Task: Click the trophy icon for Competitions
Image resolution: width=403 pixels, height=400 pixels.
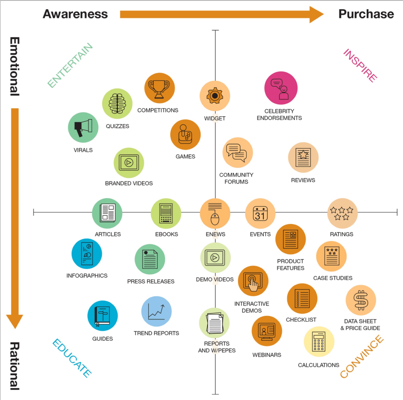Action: (x=159, y=88)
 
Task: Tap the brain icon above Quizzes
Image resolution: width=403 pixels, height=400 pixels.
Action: (x=117, y=104)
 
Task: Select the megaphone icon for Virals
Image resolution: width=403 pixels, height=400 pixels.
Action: (x=83, y=128)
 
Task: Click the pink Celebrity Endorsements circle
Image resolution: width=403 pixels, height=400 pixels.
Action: (x=281, y=88)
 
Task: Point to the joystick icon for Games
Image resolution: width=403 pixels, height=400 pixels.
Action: (x=185, y=135)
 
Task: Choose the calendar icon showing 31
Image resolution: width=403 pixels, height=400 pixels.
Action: (x=260, y=214)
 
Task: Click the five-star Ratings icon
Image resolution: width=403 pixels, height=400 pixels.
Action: (x=342, y=214)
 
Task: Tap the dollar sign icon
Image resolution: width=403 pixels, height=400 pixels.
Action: (x=361, y=300)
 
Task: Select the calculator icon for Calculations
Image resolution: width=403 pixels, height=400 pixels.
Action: (x=319, y=341)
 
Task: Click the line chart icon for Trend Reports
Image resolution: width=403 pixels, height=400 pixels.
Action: (x=156, y=311)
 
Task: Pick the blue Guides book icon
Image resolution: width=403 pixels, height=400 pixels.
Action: (x=103, y=316)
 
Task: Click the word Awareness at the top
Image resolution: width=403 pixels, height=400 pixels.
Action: (x=75, y=14)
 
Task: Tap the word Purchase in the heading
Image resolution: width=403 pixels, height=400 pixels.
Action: (x=366, y=14)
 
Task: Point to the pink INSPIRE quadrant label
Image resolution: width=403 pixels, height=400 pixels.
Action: (x=360, y=66)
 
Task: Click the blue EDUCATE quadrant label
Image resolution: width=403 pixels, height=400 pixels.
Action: (x=72, y=358)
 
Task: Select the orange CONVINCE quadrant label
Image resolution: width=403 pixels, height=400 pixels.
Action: (x=362, y=357)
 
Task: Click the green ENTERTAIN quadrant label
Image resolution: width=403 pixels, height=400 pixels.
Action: (x=70, y=65)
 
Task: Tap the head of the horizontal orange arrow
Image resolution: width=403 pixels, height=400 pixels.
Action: (x=316, y=15)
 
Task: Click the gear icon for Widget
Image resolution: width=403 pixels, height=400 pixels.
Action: (x=215, y=96)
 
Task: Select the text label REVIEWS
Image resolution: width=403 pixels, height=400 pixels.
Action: (x=303, y=180)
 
